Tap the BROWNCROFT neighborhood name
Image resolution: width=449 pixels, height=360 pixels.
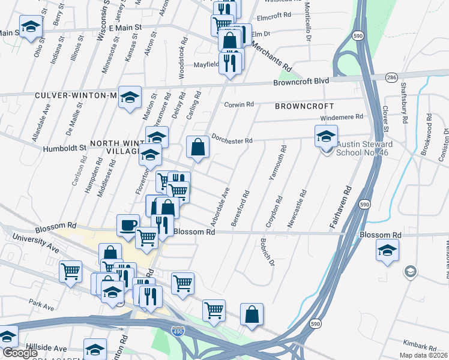[304, 106]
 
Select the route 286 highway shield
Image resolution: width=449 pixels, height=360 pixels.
[391, 78]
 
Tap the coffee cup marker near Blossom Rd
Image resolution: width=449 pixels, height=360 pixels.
[127, 225]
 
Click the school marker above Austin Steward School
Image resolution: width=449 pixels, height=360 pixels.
[327, 136]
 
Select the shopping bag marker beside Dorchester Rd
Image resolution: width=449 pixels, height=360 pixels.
[197, 146]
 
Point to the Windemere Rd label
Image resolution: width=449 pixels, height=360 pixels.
[343, 116]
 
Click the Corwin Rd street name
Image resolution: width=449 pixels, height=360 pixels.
[239, 104]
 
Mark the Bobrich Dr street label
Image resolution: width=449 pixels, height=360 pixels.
[267, 252]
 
